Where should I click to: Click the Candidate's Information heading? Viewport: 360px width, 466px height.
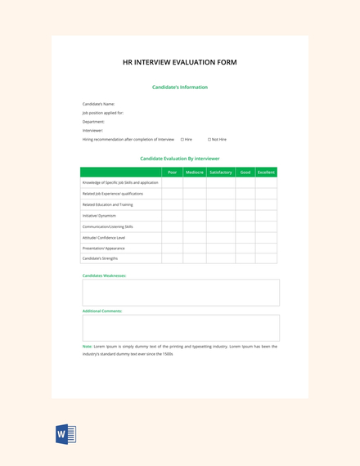(180, 87)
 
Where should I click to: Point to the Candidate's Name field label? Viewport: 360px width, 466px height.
(99, 104)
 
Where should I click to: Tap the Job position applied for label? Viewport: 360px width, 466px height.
(103, 113)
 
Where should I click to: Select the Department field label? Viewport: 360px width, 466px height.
(93, 122)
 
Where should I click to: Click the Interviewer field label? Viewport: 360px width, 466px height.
(93, 130)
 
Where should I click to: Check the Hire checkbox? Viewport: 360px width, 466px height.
(182, 140)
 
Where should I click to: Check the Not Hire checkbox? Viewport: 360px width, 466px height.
(209, 140)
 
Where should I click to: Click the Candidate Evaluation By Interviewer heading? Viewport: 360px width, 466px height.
(180, 159)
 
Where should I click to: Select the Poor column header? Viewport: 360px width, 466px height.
(172, 173)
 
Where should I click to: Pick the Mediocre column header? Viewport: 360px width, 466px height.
(195, 173)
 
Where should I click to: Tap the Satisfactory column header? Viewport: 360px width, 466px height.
(221, 173)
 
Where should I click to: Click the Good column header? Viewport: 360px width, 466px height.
(245, 173)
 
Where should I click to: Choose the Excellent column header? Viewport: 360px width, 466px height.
(266, 173)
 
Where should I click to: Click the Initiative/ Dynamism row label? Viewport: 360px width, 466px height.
(100, 215)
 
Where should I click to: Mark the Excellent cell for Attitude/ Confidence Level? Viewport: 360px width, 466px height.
(266, 237)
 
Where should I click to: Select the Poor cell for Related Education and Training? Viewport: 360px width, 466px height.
(172, 204)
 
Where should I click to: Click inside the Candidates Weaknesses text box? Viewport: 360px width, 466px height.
(180, 293)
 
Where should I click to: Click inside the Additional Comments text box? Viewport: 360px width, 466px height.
(180, 328)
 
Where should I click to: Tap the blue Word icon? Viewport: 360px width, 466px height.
(65, 434)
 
